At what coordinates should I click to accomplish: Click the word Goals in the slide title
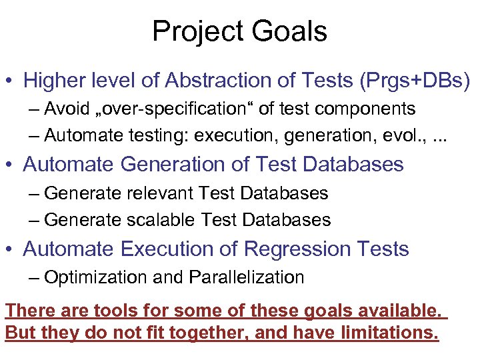point(290,32)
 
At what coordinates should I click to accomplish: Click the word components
point(369,109)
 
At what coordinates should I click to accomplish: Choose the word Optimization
point(95,277)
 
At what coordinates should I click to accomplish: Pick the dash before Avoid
point(34,109)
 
